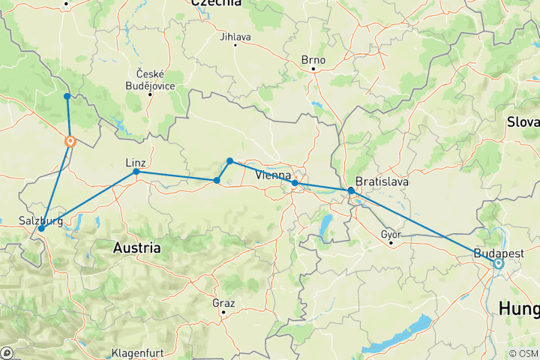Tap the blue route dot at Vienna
pyautogui.click(x=295, y=183)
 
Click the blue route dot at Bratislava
pyautogui.click(x=351, y=190)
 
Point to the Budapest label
pyautogui.click(x=498, y=253)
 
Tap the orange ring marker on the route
pyautogui.click(x=70, y=141)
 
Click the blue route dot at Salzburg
pyautogui.click(x=40, y=228)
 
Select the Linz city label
pyautogui.click(x=136, y=162)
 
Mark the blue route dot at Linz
pyautogui.click(x=136, y=172)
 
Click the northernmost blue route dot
pyautogui.click(x=67, y=96)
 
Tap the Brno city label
pyautogui.click(x=314, y=61)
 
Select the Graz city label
pyautogui.click(x=223, y=303)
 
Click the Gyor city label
pyautogui.click(x=391, y=234)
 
